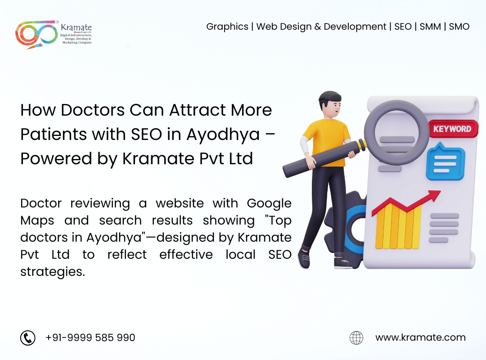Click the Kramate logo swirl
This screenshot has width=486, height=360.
click(36, 35)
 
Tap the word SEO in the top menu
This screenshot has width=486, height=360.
click(403, 27)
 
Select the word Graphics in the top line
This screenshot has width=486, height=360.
click(227, 27)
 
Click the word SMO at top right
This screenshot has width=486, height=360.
click(459, 27)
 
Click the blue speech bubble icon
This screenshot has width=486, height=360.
click(445, 162)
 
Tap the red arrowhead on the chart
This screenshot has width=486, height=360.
click(433, 196)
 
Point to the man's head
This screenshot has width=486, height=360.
click(330, 104)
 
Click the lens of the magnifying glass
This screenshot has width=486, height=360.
click(396, 133)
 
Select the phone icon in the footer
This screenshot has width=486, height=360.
click(28, 337)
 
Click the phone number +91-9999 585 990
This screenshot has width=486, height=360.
click(90, 337)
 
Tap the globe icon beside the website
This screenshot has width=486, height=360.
click(356, 337)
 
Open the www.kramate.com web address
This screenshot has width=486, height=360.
click(420, 337)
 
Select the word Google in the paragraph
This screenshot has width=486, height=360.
click(269, 204)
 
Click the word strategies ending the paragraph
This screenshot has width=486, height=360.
click(53, 272)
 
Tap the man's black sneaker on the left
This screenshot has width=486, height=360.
click(304, 258)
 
